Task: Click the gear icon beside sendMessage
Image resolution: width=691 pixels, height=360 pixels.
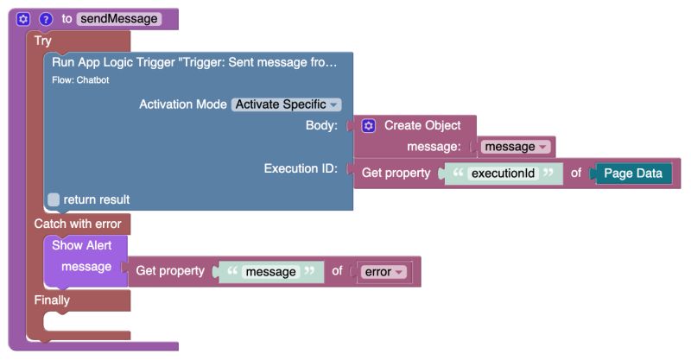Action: [x=24, y=18]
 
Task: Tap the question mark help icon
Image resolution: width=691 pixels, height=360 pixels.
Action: [x=46, y=18]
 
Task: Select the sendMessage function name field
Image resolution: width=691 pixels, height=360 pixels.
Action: [x=118, y=18]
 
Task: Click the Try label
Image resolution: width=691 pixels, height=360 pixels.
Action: [x=42, y=41]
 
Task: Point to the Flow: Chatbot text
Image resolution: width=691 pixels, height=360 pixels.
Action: [x=80, y=80]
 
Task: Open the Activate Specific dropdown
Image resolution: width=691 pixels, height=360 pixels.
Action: [x=286, y=104]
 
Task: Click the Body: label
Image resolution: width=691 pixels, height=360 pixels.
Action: [x=321, y=126]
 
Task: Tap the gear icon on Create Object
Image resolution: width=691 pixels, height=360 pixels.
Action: [x=369, y=126]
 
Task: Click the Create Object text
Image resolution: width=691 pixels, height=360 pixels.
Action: [x=422, y=126]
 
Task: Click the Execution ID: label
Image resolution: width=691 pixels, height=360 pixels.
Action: [x=300, y=168]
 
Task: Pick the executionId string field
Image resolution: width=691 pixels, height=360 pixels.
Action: [x=503, y=174]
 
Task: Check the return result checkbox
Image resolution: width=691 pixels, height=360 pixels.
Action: [x=54, y=199]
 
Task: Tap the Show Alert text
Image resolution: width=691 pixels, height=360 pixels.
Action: [x=82, y=245]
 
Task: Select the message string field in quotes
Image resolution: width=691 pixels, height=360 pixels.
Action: [x=270, y=272]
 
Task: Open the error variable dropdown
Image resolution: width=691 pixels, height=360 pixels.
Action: [x=384, y=272]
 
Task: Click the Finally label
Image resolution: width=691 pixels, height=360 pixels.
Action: [x=52, y=300]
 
